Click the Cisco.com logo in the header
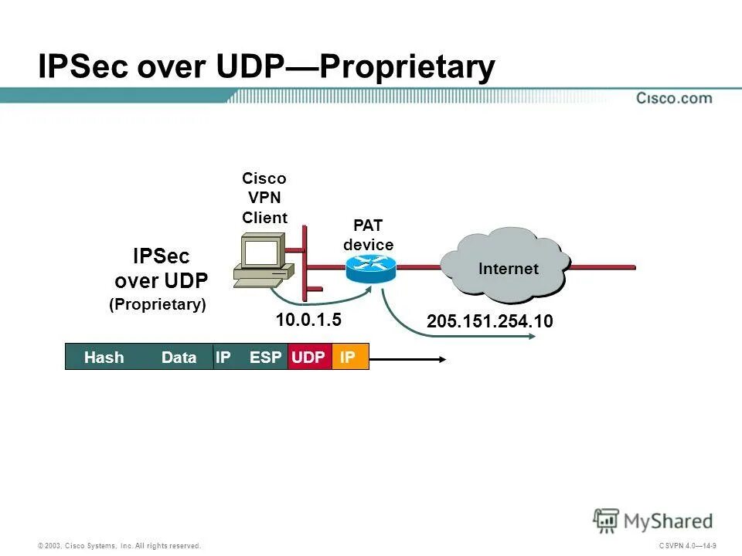click(x=674, y=98)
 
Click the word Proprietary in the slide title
click(x=407, y=67)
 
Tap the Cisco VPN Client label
click(x=264, y=198)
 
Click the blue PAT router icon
click(x=370, y=267)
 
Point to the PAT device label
click(x=369, y=236)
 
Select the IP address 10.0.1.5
click(x=308, y=319)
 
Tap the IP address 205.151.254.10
click(x=490, y=321)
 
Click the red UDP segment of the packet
click(x=309, y=358)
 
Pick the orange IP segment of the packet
click(x=349, y=358)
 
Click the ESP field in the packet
click(x=265, y=358)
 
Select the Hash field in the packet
click(x=104, y=358)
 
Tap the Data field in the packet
click(x=179, y=358)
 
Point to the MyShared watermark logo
click(x=653, y=520)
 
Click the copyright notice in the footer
click(x=120, y=546)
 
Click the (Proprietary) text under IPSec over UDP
click(x=158, y=304)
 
